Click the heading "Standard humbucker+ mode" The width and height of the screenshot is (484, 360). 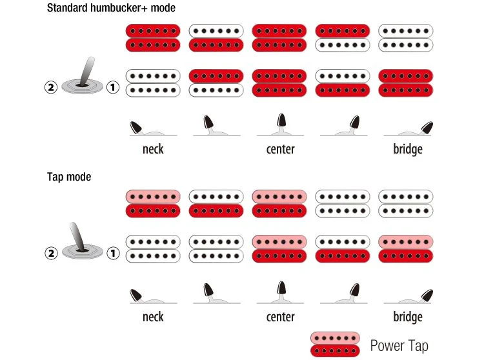coord(111,8)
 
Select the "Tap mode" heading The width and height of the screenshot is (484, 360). coord(69,177)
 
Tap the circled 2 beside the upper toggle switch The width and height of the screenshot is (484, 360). coord(51,87)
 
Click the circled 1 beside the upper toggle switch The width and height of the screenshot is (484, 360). coord(113,87)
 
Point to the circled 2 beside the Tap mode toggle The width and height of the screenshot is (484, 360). coord(51,254)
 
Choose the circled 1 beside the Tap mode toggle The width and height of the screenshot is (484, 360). coord(113,254)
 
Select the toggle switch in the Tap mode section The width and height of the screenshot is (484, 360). coord(83,242)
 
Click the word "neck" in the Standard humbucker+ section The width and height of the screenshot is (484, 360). coord(153,149)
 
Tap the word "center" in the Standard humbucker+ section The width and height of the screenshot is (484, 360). coord(280,149)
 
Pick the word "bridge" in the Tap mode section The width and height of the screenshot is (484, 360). coord(408,317)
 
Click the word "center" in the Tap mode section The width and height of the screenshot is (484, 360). coord(280,317)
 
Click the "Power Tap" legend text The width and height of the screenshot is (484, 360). coord(399,346)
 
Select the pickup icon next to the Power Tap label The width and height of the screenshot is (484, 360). coord(335,345)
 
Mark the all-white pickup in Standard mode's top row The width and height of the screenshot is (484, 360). coord(406,38)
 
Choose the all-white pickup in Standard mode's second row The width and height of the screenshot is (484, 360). coord(153,83)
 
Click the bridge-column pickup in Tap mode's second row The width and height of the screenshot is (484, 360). coord(406,249)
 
